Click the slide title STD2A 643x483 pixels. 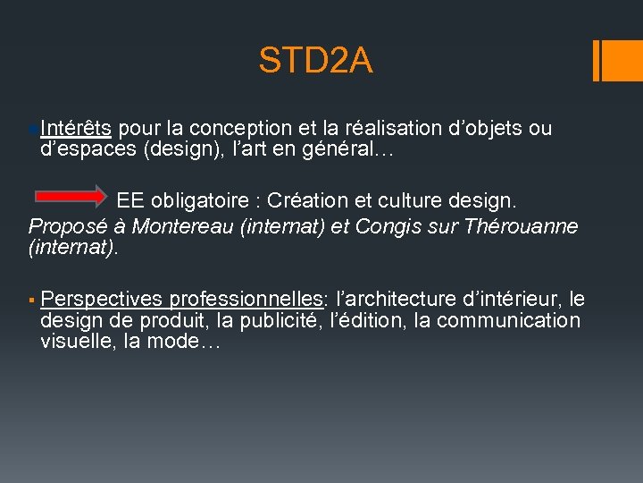tap(315, 61)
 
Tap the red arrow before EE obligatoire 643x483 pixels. tap(71, 195)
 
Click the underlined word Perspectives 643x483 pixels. tap(101, 299)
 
